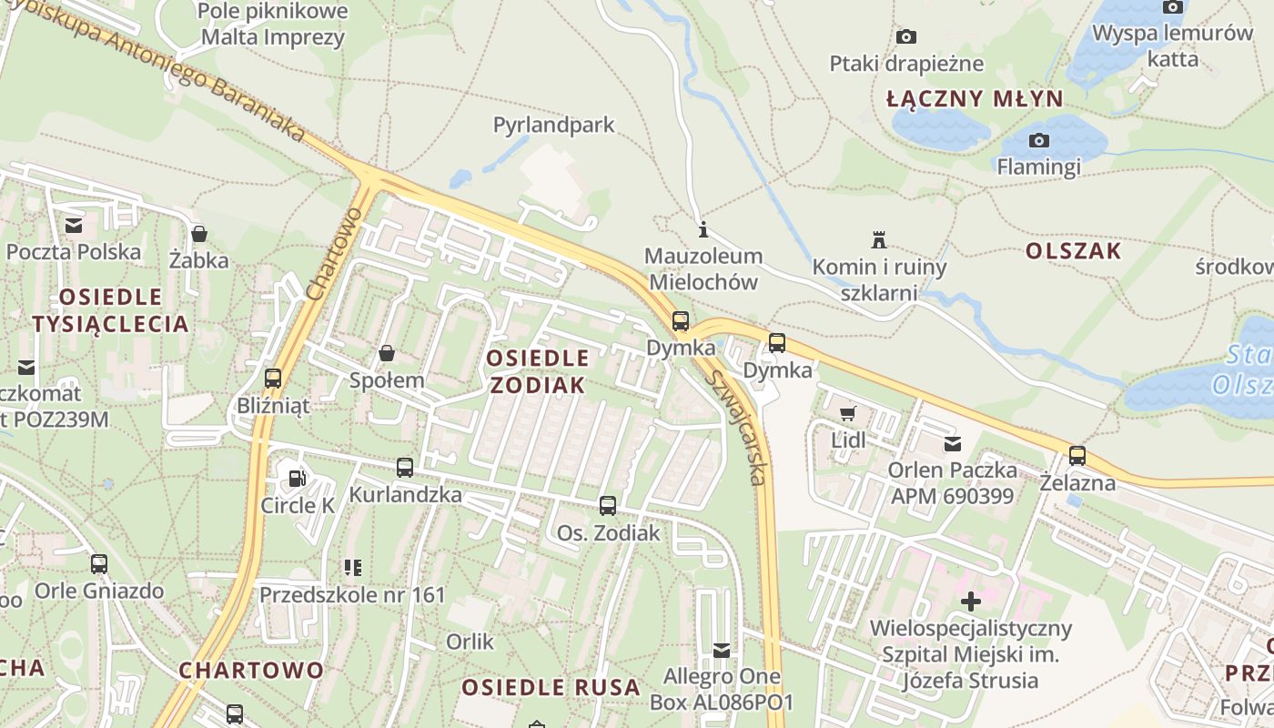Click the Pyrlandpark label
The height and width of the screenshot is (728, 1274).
(x=554, y=125)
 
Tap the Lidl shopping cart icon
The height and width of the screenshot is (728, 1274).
(x=848, y=414)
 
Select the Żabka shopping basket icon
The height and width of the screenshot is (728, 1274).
(x=199, y=234)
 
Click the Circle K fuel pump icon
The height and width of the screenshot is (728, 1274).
(x=297, y=478)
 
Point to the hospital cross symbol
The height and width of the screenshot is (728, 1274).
(x=971, y=602)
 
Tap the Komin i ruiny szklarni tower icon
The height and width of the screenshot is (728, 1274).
(x=879, y=240)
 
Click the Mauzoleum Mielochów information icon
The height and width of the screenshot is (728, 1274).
(x=703, y=229)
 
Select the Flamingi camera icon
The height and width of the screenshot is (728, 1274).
(x=1038, y=140)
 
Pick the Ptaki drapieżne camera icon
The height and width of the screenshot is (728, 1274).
(x=906, y=36)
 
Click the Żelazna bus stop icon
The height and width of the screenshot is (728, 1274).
(x=1077, y=455)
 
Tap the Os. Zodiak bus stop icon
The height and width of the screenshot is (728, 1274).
(x=608, y=506)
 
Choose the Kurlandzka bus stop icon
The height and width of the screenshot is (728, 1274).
(x=405, y=468)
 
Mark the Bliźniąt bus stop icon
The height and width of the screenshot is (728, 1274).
(x=273, y=378)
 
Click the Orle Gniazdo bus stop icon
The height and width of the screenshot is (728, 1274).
(x=99, y=564)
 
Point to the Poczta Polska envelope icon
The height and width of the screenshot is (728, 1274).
(x=74, y=224)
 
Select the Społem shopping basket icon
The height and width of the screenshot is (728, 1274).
(x=387, y=353)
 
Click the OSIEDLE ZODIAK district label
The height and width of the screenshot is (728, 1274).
(x=537, y=371)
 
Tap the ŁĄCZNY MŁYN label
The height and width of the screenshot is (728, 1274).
(x=975, y=99)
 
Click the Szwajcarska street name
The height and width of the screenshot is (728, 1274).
(x=739, y=427)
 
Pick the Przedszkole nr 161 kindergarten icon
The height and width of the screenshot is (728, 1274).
(x=353, y=568)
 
